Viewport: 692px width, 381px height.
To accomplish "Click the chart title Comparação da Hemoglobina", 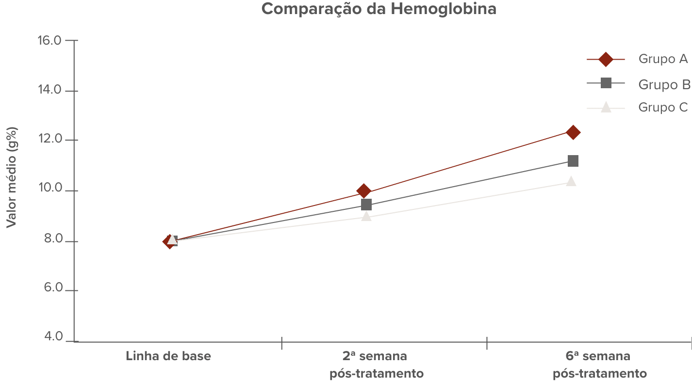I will tap(379, 9).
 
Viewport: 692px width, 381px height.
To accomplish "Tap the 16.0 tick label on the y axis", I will tap(49, 40).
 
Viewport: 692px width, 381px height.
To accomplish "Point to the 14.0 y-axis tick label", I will tap(49, 90).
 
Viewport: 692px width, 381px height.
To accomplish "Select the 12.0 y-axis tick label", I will tap(49, 140).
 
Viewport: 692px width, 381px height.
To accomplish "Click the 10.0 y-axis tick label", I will tap(49, 190).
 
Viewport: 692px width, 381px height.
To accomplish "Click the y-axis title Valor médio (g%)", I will tap(12, 177).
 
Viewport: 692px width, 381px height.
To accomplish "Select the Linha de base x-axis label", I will tap(168, 356).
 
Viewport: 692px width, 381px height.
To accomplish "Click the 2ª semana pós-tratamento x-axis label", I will tap(376, 365).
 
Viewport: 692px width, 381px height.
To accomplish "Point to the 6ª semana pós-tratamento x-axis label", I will tap(599, 365).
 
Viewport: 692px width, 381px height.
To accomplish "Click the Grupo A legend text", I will tap(663, 59).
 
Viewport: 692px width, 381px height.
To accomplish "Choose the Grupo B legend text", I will tap(664, 84).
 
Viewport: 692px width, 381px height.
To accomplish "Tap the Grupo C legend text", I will tap(663, 107).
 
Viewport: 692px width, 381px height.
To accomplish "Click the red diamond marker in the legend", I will tap(606, 59).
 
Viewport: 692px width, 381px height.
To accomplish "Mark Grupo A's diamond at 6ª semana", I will tap(573, 132).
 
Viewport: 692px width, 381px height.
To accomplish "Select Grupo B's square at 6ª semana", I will tap(573, 160).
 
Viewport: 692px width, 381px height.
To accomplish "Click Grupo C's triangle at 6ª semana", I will tap(571, 181).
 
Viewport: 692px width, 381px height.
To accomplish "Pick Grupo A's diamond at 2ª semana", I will tap(363, 191).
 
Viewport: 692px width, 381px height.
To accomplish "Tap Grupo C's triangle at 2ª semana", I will tap(366, 216).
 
